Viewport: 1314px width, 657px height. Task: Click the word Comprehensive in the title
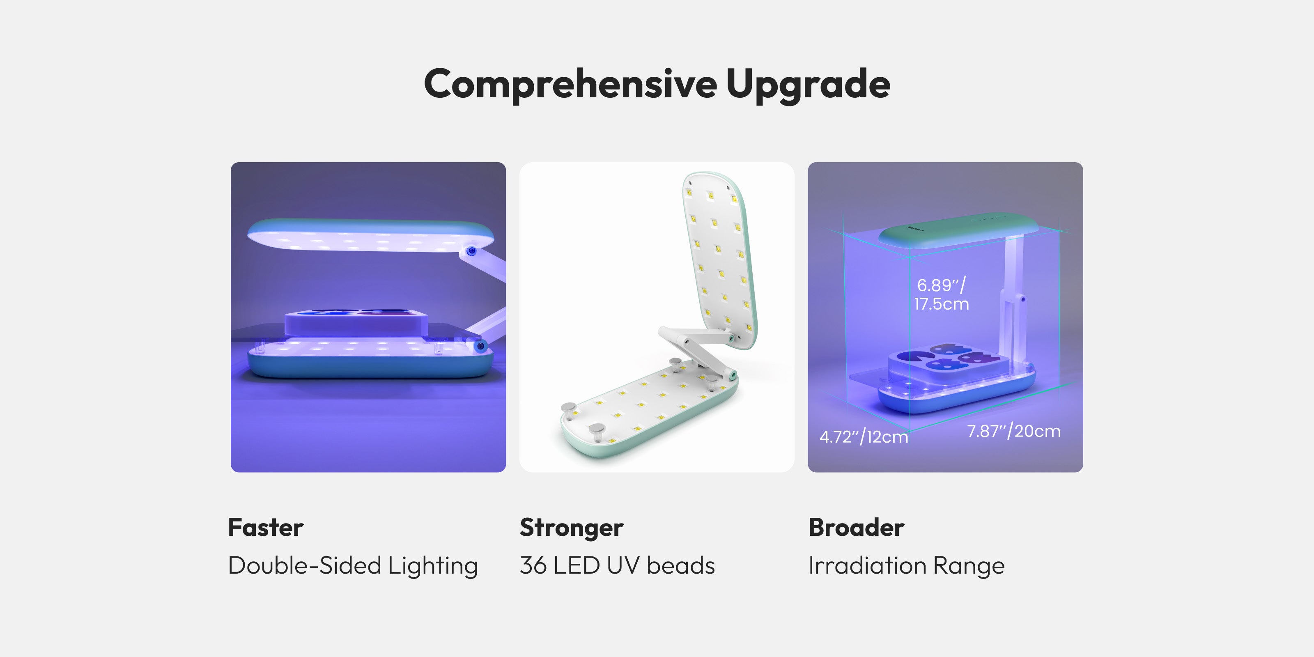pyautogui.click(x=570, y=85)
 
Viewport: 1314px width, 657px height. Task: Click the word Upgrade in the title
pyautogui.click(x=808, y=85)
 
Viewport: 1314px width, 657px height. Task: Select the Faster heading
pyautogui.click(x=266, y=527)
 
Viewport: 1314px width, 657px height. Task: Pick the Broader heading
pyautogui.click(x=857, y=527)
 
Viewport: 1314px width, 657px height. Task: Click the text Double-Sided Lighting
pyautogui.click(x=353, y=566)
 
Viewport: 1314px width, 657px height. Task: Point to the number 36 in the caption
pyautogui.click(x=533, y=566)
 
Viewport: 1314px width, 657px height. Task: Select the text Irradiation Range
pyautogui.click(x=906, y=566)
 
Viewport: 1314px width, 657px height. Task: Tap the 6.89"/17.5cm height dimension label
pyautogui.click(x=941, y=294)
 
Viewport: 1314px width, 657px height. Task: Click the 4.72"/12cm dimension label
pyautogui.click(x=864, y=436)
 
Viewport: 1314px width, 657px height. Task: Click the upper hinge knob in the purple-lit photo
pyautogui.click(x=472, y=251)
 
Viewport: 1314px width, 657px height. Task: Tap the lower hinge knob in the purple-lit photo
pyautogui.click(x=480, y=346)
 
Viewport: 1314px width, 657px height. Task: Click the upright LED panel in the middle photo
pyautogui.click(x=720, y=260)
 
